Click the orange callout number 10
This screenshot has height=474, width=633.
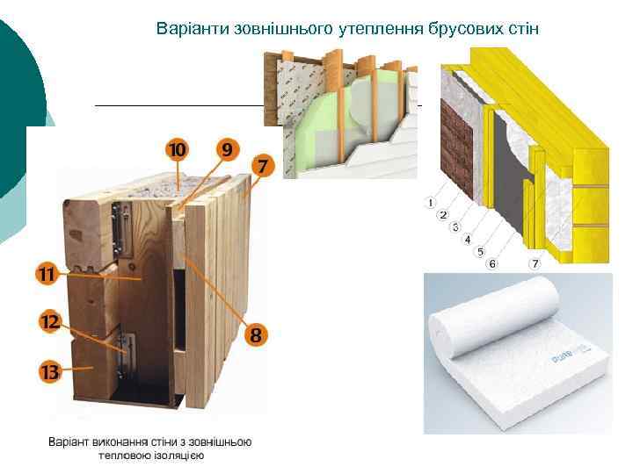click(178, 151)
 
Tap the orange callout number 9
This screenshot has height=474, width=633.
click(227, 151)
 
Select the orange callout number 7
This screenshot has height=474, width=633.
click(263, 165)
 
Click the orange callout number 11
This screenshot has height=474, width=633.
click(46, 275)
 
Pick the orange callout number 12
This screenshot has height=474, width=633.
click(49, 322)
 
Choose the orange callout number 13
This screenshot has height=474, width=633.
click(49, 372)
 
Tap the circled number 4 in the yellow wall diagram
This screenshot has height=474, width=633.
click(467, 239)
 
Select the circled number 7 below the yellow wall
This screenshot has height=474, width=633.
click(534, 263)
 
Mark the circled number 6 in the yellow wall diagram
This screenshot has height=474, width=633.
click(491, 263)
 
